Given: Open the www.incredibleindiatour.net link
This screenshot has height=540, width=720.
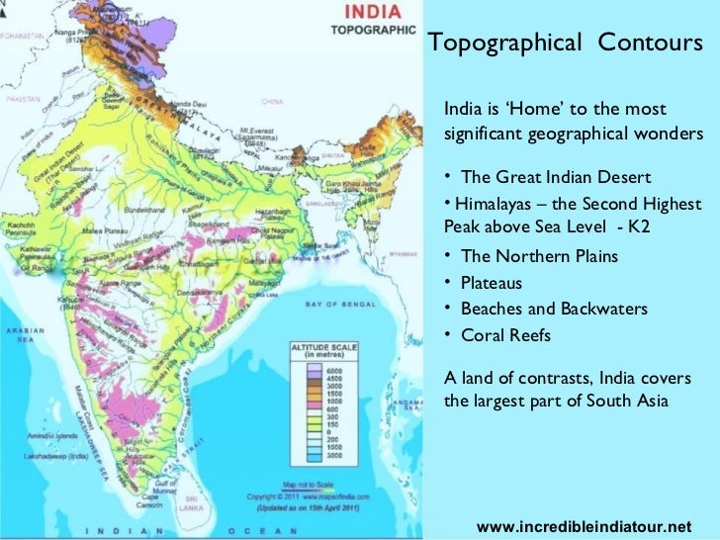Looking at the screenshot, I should [x=584, y=526].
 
